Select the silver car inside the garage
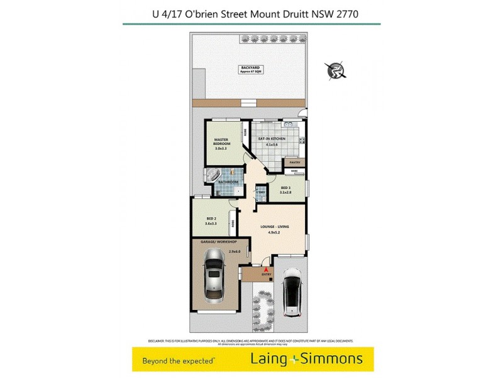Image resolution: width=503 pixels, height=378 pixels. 213,275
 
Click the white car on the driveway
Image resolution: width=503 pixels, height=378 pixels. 293,291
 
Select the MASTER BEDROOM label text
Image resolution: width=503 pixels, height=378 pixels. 221,142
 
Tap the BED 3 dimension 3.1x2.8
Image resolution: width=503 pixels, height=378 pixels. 285,192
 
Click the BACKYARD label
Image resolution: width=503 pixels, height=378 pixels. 250,67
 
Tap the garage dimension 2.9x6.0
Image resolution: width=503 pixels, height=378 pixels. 235,251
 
